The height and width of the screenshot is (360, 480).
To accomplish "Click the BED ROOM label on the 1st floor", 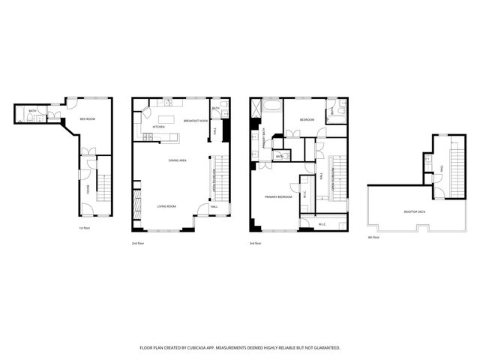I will (x=87, y=119).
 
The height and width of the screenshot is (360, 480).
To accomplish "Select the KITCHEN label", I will (x=158, y=127).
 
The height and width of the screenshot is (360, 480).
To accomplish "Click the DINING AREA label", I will (x=178, y=160).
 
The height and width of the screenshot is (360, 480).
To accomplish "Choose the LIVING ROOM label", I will (x=166, y=206).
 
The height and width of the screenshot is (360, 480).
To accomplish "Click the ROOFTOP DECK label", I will (x=414, y=212).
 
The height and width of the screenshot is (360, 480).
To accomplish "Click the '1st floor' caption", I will (x=85, y=227).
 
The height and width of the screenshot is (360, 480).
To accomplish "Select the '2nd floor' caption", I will (x=137, y=243).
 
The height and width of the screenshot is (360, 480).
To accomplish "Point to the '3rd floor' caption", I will (x=255, y=243).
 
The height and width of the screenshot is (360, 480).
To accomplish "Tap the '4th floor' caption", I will (x=373, y=237).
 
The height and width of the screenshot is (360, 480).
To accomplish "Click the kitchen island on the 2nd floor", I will (x=166, y=119).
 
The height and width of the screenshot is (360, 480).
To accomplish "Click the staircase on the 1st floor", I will (x=105, y=188).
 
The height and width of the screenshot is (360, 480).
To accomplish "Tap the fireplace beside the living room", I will (x=136, y=204).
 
